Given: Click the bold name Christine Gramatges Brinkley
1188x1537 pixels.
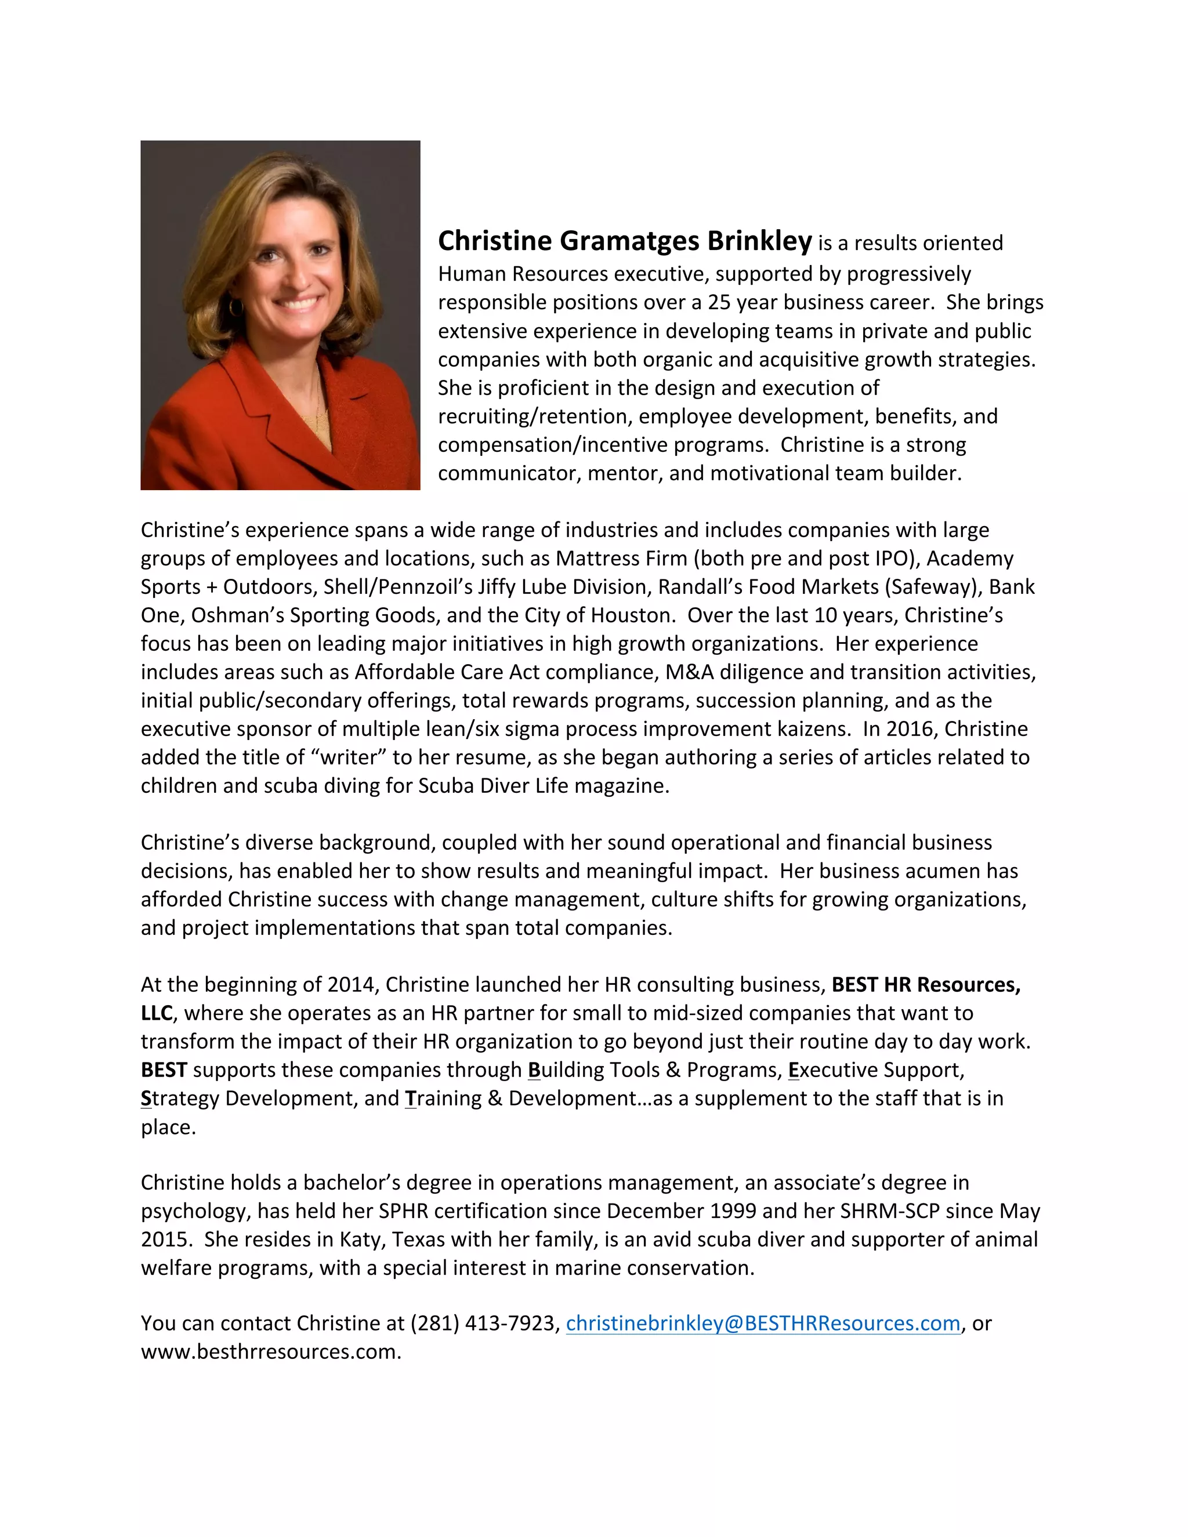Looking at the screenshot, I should pos(624,241).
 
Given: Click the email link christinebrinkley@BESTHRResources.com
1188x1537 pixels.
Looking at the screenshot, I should pos(763,1323).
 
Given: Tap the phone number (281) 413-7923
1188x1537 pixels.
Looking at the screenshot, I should pos(484,1323).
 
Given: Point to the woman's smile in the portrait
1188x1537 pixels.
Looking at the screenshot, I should pos(298,304).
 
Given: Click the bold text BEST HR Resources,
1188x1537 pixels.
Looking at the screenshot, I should pos(925,985).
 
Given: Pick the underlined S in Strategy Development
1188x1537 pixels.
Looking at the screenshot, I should pos(146,1099).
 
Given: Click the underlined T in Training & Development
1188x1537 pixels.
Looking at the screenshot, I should pos(410,1099).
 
